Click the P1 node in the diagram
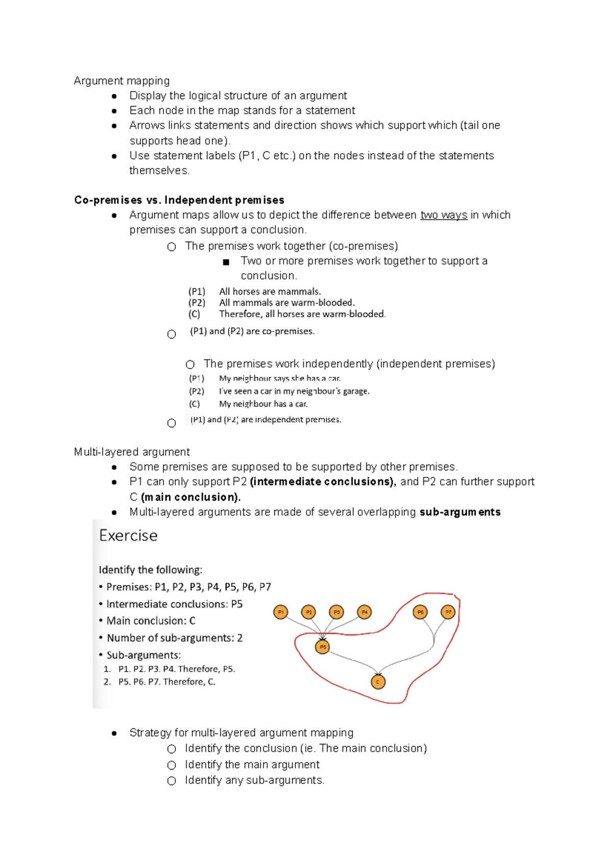click(280, 612)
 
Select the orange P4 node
click(364, 612)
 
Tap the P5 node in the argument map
click(322, 647)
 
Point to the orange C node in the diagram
click(378, 682)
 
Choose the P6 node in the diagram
click(420, 612)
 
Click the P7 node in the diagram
click(448, 612)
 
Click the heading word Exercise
click(128, 536)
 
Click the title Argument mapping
click(122, 81)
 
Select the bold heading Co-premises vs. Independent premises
click(179, 200)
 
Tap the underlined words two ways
click(443, 215)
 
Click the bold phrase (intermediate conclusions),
click(323, 482)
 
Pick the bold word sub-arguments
click(460, 512)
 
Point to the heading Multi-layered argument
click(132, 452)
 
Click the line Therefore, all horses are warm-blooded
click(302, 314)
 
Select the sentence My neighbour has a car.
click(263, 404)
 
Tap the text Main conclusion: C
click(151, 621)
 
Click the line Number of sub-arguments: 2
click(174, 638)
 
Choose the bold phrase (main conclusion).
click(191, 497)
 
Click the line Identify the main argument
click(252, 764)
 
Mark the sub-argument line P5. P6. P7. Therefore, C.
click(167, 682)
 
